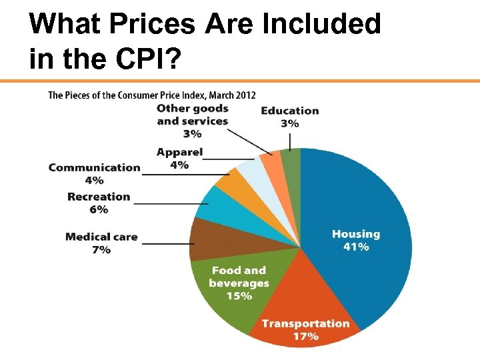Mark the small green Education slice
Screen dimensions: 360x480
[x=291, y=159]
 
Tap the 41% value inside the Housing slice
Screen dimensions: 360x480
[x=355, y=247]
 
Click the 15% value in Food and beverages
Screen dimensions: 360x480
[x=239, y=296]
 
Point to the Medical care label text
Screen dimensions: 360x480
[x=101, y=237]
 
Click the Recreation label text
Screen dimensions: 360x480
[x=99, y=197]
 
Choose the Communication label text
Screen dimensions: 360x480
[x=94, y=167]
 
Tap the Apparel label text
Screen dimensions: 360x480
[x=179, y=153]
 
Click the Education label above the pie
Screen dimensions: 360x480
[x=289, y=111]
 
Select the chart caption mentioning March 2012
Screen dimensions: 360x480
[x=151, y=95]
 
